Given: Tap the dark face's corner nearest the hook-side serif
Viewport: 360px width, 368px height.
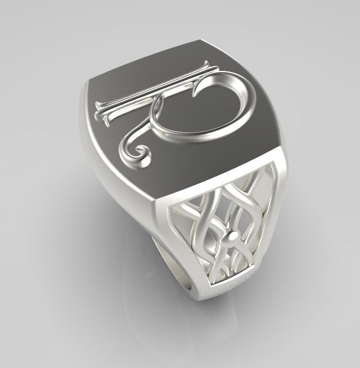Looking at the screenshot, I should tap(200, 41).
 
